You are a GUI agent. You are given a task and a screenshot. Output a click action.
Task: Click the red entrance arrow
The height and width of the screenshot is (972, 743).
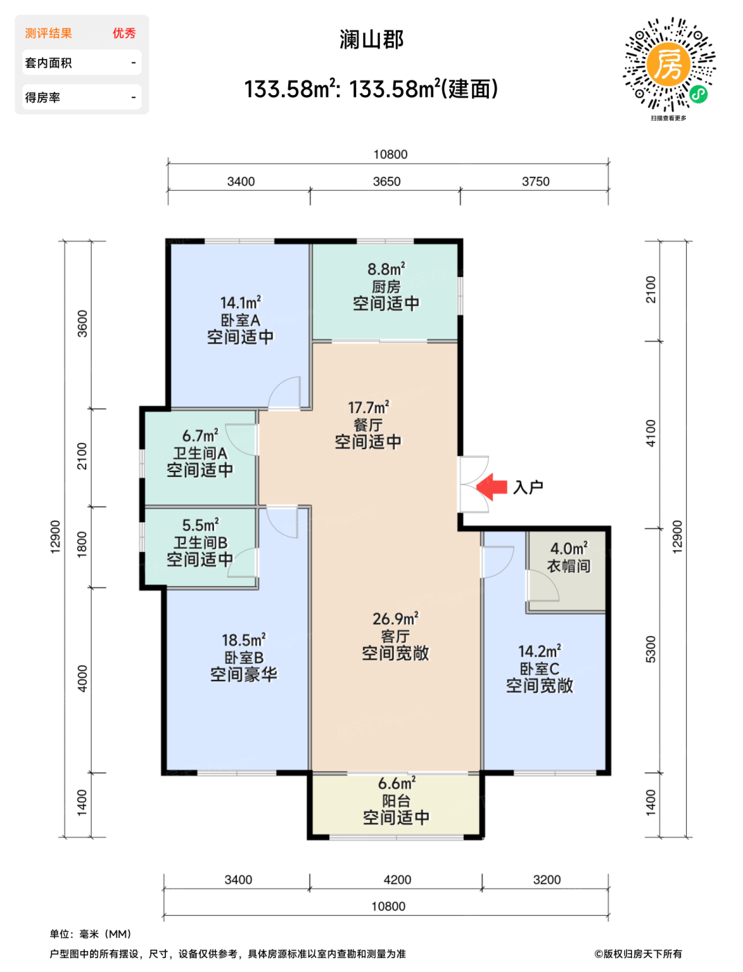[491, 487]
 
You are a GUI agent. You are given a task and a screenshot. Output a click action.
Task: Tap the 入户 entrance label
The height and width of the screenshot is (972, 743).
[528, 487]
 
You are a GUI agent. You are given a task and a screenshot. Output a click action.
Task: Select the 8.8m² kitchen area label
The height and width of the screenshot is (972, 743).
[386, 269]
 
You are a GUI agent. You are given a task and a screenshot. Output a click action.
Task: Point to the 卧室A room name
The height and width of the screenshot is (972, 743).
[240, 320]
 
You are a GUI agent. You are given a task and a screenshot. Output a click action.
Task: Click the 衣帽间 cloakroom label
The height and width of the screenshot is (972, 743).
[569, 566]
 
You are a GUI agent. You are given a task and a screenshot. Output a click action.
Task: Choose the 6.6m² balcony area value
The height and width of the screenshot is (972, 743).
[396, 783]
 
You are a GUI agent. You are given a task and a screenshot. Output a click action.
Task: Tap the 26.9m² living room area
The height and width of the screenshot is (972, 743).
[395, 619]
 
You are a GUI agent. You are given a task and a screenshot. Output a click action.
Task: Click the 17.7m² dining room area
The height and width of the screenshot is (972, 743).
[369, 407]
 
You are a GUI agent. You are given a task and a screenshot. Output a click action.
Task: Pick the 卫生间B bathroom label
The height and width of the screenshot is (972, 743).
[200, 542]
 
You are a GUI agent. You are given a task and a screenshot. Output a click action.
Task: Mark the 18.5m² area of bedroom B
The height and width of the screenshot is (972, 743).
[244, 640]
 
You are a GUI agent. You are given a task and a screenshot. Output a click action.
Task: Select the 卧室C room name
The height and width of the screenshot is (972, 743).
[540, 668]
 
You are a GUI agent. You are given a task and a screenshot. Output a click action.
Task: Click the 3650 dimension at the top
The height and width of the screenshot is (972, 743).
[387, 182]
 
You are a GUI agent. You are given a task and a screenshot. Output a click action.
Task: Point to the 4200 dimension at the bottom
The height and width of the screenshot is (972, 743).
[397, 880]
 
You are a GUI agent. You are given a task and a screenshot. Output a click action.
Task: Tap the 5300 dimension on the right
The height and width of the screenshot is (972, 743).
[651, 649]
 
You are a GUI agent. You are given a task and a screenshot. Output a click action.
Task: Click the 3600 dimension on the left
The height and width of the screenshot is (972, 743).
[83, 324]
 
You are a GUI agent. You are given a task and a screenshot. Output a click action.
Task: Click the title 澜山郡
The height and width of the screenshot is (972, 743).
[371, 40]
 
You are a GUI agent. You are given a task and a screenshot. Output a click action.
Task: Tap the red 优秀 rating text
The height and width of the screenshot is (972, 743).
[124, 33]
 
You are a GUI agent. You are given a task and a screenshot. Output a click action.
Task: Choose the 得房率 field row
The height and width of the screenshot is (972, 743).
[82, 97]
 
